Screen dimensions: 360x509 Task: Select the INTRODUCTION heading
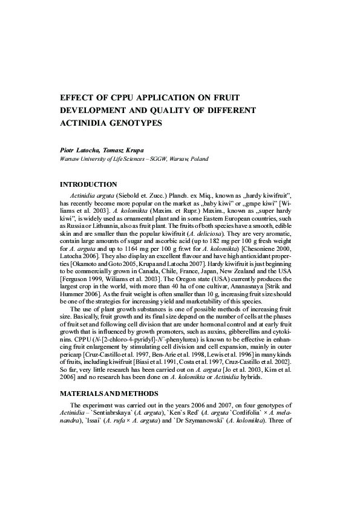[88, 184]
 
